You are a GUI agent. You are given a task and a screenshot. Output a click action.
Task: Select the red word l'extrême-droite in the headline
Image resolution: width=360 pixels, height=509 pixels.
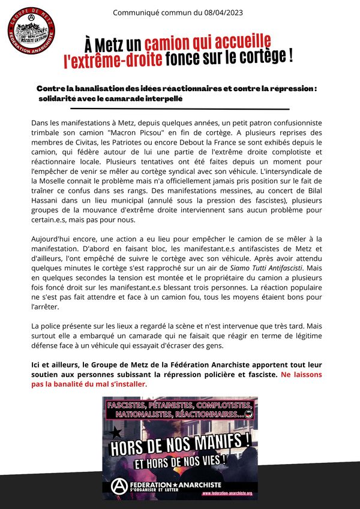click(x=113, y=59)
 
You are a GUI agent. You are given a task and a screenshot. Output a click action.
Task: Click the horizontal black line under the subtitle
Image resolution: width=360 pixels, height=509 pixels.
click(x=179, y=109)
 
